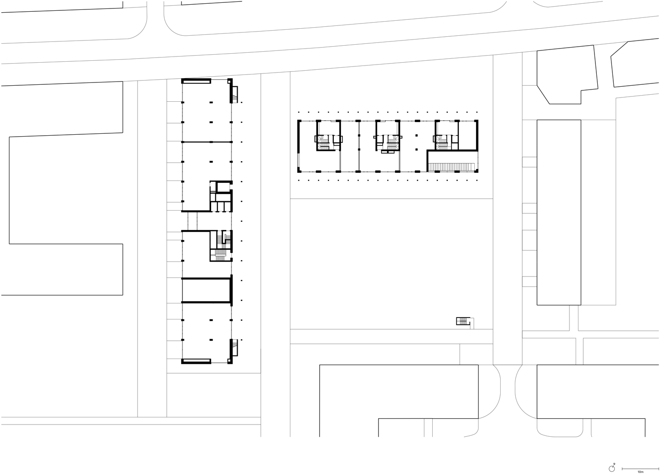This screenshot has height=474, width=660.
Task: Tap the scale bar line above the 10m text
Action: [x=640, y=468]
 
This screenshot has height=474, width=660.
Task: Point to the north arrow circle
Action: [x=611, y=469]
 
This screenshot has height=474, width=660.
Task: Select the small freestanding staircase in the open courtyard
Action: [x=463, y=321]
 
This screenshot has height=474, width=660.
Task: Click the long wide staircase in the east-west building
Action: [x=452, y=167]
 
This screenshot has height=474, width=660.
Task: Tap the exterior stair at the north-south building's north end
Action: [x=235, y=95]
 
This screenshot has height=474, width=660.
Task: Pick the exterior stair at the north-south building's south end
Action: [x=235, y=347]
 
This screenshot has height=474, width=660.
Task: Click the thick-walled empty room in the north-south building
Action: [x=207, y=290]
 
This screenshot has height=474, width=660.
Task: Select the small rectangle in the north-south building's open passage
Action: [x=192, y=221]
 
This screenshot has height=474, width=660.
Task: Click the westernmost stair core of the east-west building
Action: [x=329, y=136]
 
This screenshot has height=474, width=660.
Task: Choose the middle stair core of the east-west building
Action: [x=388, y=136]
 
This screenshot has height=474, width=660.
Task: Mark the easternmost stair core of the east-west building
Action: [x=447, y=136]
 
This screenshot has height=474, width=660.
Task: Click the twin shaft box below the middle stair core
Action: [x=388, y=152]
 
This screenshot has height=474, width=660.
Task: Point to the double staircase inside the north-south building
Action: [x=221, y=246]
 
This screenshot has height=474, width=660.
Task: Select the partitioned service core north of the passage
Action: [x=221, y=196]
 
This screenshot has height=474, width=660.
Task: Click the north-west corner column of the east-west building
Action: [x=299, y=121]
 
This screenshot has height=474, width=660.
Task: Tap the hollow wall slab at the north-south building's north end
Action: [x=196, y=81]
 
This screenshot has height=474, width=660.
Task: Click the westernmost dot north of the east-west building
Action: [x=299, y=112]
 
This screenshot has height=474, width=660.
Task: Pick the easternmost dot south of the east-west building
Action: [x=477, y=180]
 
